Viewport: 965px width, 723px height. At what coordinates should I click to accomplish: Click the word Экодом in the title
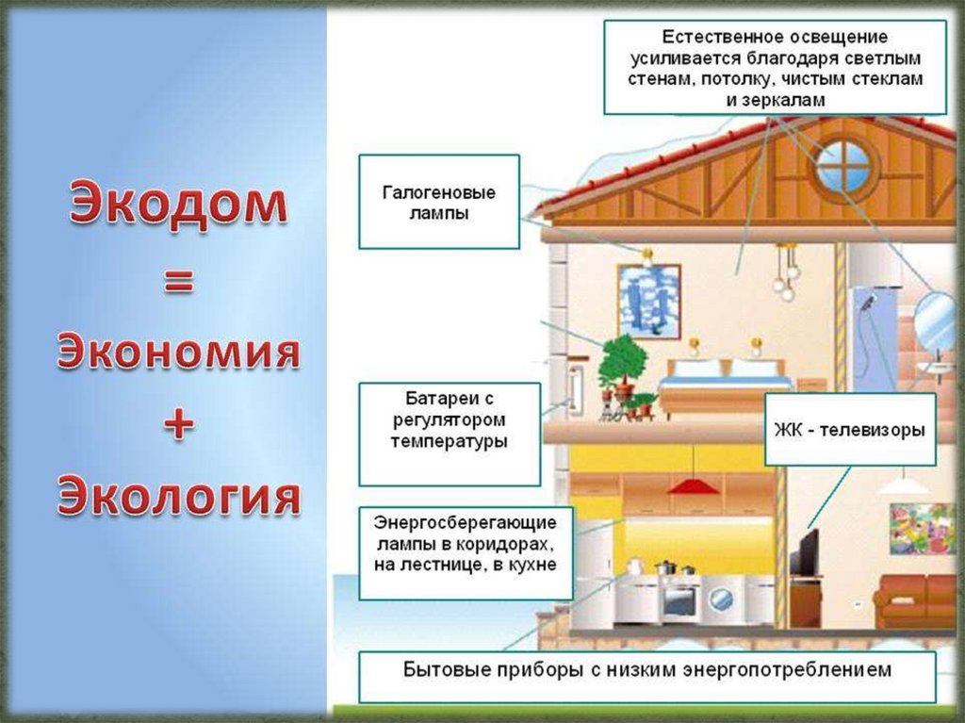pyautogui.click(x=178, y=203)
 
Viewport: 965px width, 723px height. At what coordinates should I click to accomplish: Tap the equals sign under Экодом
pyautogui.click(x=178, y=283)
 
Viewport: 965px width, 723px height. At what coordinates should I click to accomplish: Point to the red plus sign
pyautogui.click(x=178, y=424)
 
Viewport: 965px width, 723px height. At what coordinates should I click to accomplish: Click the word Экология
pyautogui.click(x=178, y=495)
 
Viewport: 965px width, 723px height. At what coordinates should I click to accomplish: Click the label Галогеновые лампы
pyautogui.click(x=439, y=203)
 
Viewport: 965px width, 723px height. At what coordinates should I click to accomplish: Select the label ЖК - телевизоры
pyautogui.click(x=849, y=430)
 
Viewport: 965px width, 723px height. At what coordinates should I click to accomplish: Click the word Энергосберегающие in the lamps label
pyautogui.click(x=465, y=523)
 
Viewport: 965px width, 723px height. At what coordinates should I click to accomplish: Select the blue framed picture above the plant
pyautogui.click(x=648, y=301)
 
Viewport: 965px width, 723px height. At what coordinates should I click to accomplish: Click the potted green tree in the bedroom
pyautogui.click(x=623, y=368)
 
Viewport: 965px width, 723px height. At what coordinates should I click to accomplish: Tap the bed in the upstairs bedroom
pyautogui.click(x=727, y=388)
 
